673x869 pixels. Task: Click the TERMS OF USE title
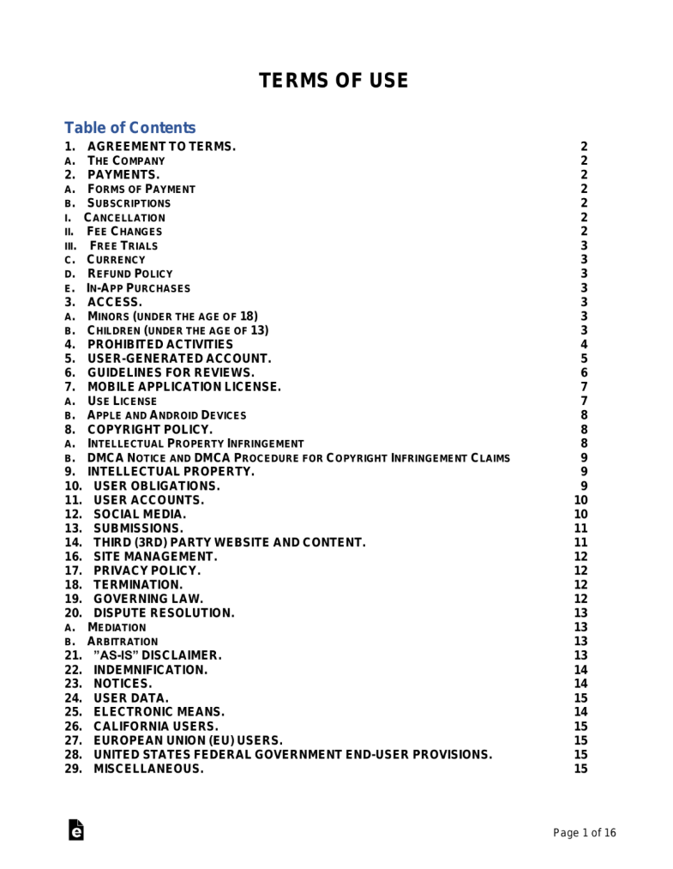tap(333, 81)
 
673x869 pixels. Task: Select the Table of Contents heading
tap(129, 128)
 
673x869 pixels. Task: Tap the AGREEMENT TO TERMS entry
tap(161, 147)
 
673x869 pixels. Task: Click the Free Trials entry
tap(123, 245)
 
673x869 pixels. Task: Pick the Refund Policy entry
tap(129, 274)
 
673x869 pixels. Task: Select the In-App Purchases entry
tap(138, 288)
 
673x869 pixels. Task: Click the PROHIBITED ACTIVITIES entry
tap(159, 344)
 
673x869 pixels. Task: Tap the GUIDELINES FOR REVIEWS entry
tap(171, 372)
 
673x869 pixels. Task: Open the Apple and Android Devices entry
tap(166, 415)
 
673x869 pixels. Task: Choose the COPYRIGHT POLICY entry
tap(150, 429)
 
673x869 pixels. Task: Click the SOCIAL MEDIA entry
tap(139, 514)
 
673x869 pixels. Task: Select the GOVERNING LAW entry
tap(148, 598)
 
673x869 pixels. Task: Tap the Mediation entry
tap(117, 627)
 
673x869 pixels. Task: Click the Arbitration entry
tap(123, 641)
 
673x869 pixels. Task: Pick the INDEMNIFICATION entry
tap(150, 669)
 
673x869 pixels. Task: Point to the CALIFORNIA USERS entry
tap(155, 726)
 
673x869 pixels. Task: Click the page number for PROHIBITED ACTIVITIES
tap(584, 344)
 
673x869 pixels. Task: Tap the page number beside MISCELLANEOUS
tap(580, 769)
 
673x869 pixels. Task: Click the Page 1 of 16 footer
tap(585, 833)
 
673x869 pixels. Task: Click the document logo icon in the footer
tap(76, 830)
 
